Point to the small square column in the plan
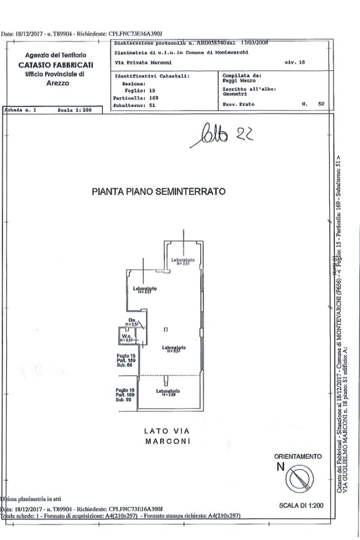click(x=166, y=330)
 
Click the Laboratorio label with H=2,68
click(x=168, y=392)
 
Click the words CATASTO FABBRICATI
click(x=55, y=65)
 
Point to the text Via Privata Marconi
click(x=135, y=63)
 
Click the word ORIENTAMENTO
click(x=297, y=456)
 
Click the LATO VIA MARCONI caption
click(x=167, y=436)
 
